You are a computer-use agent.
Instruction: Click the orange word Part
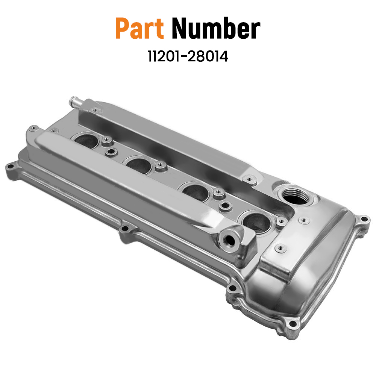pos(139,29)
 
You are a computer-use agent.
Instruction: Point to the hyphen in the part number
pos(187,58)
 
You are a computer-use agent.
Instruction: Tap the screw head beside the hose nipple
pos(95,110)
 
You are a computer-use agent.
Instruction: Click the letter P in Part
pos(123,29)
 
